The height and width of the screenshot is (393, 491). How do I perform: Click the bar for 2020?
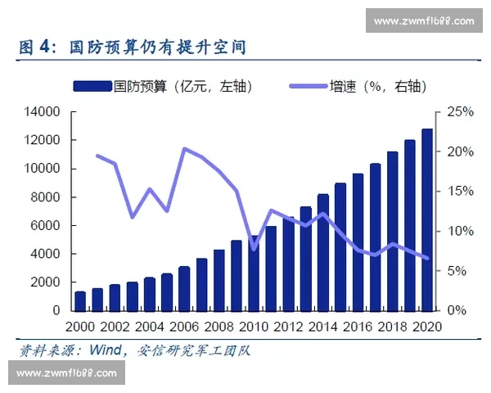pos(427,220)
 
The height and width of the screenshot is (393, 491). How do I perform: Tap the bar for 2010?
pos(254,273)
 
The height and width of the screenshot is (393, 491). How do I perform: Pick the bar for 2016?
pos(358,242)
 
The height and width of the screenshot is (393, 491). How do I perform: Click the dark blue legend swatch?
pos(92,85)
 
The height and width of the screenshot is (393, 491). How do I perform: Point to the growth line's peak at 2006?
pos(184,149)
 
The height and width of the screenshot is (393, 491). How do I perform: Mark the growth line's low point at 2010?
pos(254,248)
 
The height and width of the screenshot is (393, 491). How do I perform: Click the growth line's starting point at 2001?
pos(97,156)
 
